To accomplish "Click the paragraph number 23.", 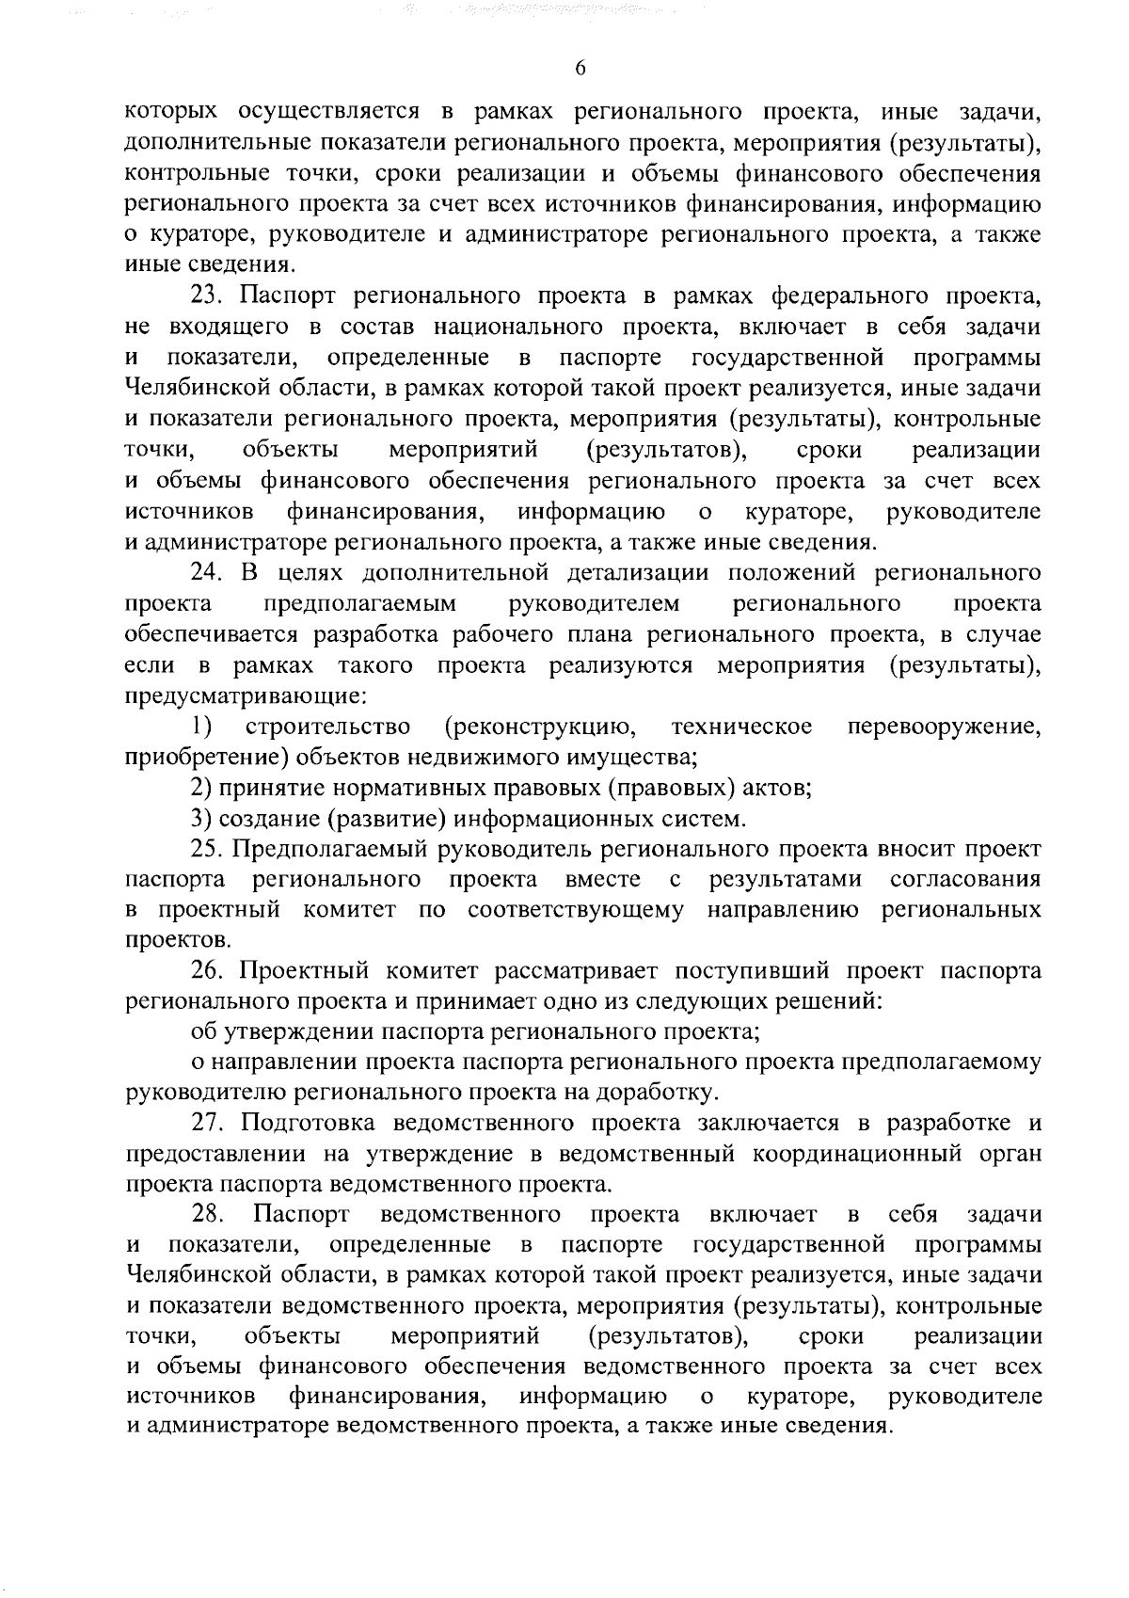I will click(204, 296).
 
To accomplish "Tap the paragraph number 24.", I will click(204, 573).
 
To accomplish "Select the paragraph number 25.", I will click(204, 849).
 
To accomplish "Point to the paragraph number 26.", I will click(204, 971).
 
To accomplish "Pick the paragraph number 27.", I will click(205, 1124).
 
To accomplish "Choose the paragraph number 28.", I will click(205, 1215).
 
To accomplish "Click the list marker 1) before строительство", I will click(200, 727).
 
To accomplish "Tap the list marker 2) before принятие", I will click(199, 788).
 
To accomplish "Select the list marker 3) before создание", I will click(199, 819).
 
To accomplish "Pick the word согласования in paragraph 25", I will click(964, 880).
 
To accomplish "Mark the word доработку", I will click(658, 1094).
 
